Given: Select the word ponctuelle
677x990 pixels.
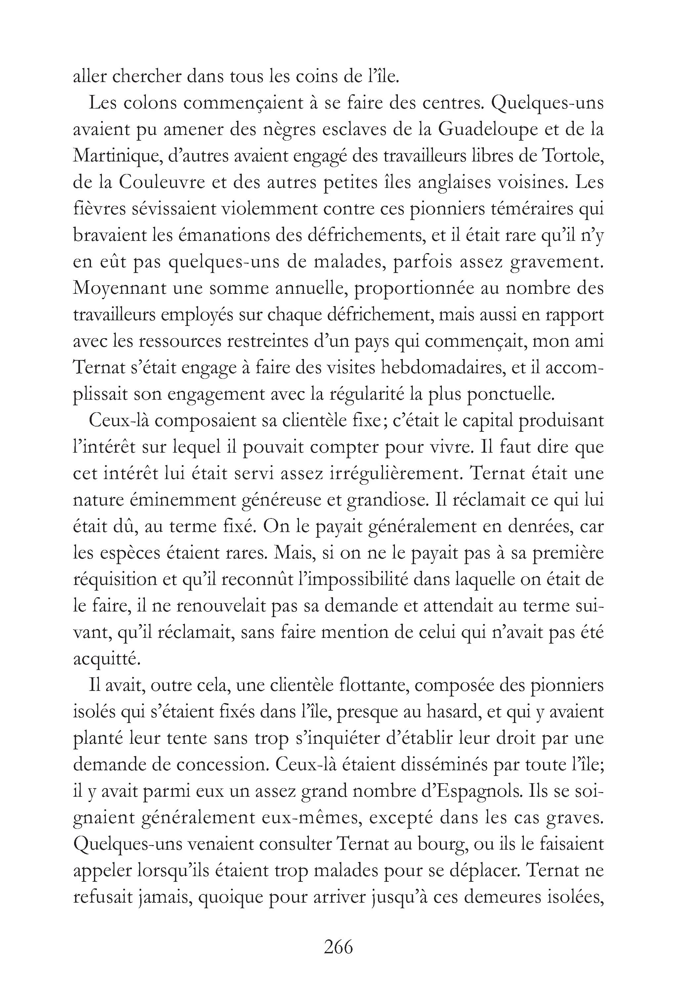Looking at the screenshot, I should pyautogui.click(x=511, y=394).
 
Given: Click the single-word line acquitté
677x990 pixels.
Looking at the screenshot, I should pyautogui.click(x=106, y=659).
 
